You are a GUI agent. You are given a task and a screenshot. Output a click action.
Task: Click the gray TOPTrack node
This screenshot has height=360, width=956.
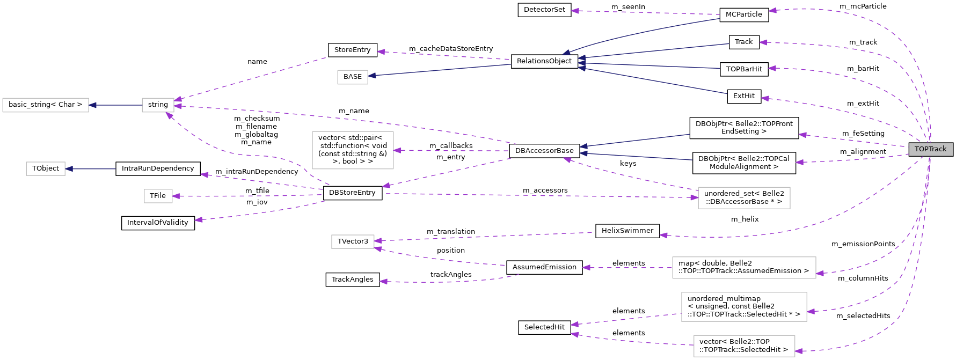[x=930, y=149]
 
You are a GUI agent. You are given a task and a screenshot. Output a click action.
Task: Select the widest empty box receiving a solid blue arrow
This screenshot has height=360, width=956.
[x=46, y=105]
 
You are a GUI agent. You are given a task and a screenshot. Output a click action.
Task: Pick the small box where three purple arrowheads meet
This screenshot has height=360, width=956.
[x=158, y=105]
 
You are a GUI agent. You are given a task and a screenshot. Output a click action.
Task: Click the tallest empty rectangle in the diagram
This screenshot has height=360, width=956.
[x=353, y=150]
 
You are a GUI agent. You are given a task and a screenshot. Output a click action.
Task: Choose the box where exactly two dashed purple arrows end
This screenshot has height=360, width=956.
[x=353, y=241]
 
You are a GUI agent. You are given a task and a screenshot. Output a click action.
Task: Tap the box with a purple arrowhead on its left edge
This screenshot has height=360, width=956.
[x=744, y=198]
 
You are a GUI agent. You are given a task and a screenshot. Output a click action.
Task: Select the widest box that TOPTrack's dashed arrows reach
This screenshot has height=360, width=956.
[x=744, y=268]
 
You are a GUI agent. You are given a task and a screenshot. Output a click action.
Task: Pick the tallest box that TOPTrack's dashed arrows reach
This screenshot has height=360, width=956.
[x=744, y=307]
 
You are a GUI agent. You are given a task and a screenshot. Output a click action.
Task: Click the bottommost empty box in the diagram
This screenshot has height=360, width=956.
[x=744, y=346]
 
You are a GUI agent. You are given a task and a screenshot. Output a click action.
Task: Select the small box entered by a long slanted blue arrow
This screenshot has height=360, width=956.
[x=353, y=77]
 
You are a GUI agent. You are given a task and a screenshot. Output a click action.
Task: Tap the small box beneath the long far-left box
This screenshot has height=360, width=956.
[x=46, y=168]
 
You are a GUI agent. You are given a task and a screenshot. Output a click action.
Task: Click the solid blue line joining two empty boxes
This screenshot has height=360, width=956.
[x=115, y=105]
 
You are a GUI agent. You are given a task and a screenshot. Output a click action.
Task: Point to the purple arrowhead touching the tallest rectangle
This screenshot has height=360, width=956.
[x=397, y=150]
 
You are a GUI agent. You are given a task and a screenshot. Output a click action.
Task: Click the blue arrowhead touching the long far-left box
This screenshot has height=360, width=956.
[x=92, y=105]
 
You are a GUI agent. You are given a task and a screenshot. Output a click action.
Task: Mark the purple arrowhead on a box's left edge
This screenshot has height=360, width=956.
[x=694, y=197]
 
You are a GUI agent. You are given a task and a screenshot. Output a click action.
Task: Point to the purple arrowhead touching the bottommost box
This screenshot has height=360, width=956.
[x=799, y=351]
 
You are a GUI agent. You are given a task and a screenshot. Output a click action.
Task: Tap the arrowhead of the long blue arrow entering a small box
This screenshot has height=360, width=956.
[x=371, y=76]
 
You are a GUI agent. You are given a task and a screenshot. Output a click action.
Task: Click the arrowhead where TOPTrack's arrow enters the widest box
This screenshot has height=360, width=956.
[x=820, y=274]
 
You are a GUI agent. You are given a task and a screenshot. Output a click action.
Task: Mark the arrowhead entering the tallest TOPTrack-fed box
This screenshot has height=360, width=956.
[x=811, y=311]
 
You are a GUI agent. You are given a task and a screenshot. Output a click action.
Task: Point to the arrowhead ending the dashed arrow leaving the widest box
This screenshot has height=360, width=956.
[x=586, y=267]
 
